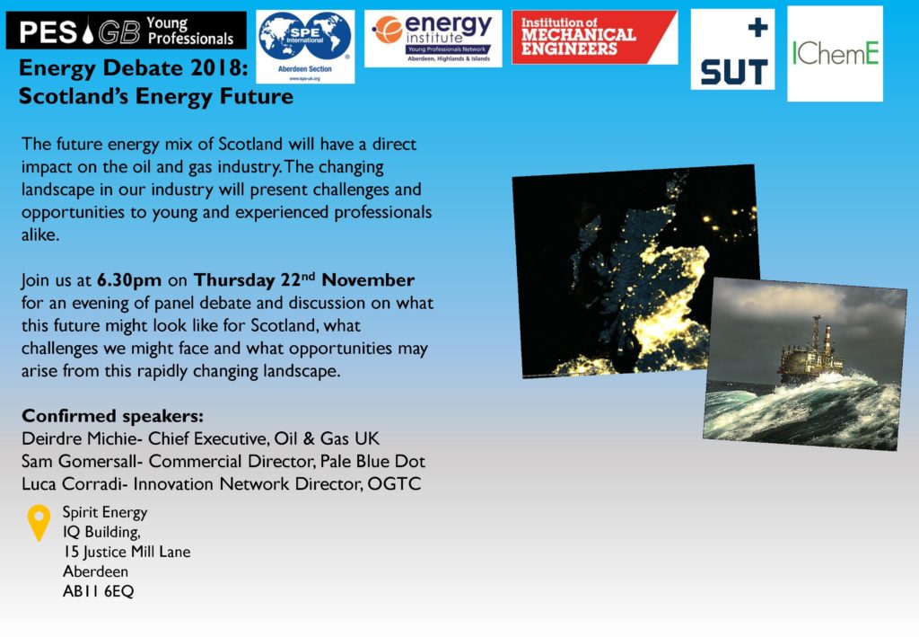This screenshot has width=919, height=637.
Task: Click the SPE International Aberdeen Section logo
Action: [305, 47]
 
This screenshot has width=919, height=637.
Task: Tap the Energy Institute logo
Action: [433, 38]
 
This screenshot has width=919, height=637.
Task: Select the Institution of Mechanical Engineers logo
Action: [594, 37]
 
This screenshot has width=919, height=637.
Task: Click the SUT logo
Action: [732, 49]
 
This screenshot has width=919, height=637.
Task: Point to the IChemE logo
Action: [835, 54]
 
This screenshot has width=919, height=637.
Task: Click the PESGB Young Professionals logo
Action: [126, 31]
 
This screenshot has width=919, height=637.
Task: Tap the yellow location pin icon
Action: [39, 523]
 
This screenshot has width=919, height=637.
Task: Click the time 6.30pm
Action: [129, 280]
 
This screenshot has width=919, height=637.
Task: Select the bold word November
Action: [368, 279]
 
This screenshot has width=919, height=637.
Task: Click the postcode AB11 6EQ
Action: [99, 591]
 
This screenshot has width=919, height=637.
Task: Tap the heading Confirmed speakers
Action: [112, 416]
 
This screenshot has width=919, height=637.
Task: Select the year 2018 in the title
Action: [215, 68]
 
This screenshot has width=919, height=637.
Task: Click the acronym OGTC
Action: [394, 484]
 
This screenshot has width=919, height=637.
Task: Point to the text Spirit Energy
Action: [105, 512]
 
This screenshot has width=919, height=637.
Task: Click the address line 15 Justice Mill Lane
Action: [127, 552]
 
